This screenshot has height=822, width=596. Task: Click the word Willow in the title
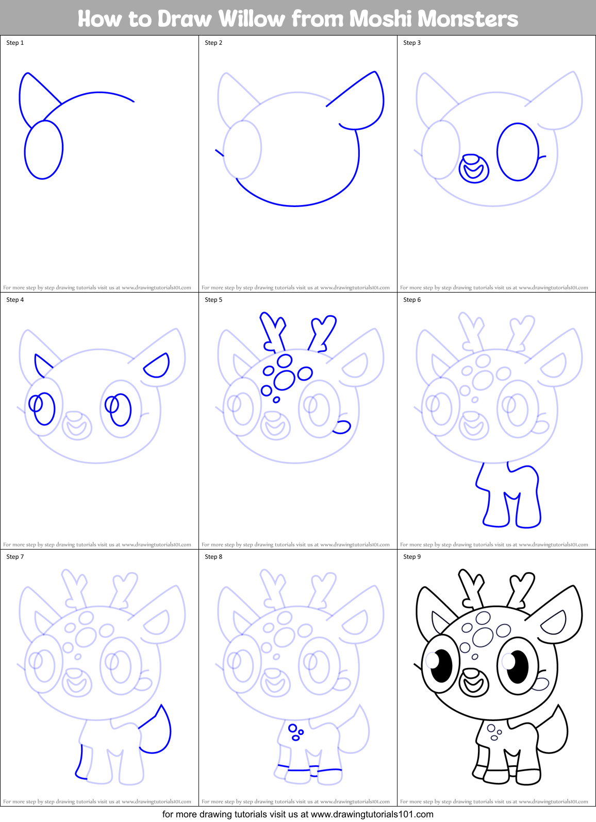click(x=251, y=19)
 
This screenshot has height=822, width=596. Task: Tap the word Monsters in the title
click(x=434, y=19)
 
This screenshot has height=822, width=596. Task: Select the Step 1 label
click(x=15, y=43)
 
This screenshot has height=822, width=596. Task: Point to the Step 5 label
click(x=213, y=300)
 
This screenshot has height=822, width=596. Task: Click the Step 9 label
click(x=412, y=557)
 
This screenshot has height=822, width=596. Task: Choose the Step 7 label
click(x=15, y=557)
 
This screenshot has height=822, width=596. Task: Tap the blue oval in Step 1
click(x=44, y=150)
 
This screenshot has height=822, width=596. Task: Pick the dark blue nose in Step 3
click(x=474, y=169)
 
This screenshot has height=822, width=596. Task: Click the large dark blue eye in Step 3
click(x=518, y=152)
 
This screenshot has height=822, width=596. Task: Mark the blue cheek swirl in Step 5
click(x=342, y=426)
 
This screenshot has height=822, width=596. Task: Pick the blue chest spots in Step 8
click(x=295, y=732)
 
